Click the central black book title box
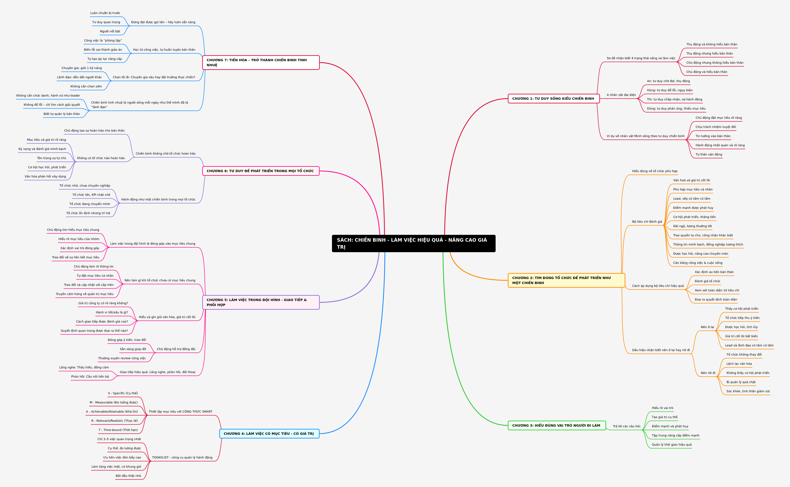click(x=413, y=243)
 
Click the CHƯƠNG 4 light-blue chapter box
click(x=269, y=433)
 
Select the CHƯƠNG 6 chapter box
click(x=261, y=171)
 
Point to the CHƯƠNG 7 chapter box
click(x=261, y=63)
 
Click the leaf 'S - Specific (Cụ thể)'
click(x=123, y=393)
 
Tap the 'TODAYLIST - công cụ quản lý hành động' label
click(x=182, y=457)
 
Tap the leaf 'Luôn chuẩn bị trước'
click(x=105, y=13)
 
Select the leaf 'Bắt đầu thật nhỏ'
click(x=128, y=476)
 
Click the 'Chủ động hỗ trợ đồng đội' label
click(x=176, y=349)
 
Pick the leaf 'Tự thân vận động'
click(x=709, y=155)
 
